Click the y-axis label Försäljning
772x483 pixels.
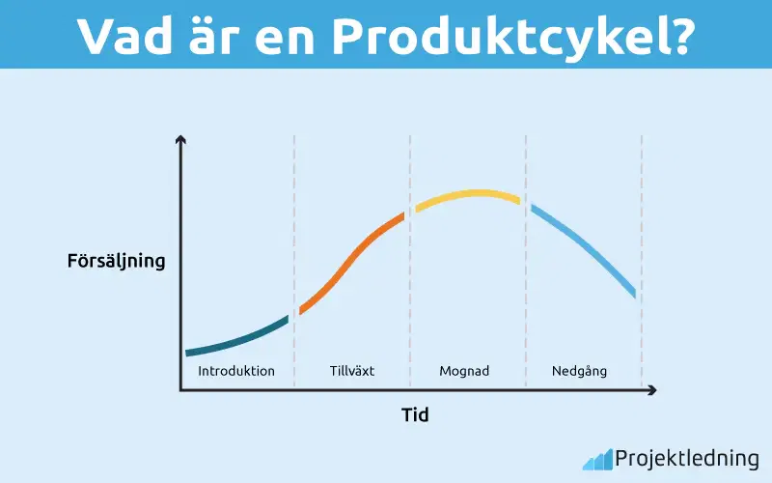[117, 261]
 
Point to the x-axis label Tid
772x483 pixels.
[415, 416]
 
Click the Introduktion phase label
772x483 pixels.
[236, 371]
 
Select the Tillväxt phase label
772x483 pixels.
[351, 371]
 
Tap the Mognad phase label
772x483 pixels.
[468, 371]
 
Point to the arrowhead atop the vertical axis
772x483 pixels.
[180, 142]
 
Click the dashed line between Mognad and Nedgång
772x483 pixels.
[526, 290]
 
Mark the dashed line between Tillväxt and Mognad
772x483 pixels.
[410, 290]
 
